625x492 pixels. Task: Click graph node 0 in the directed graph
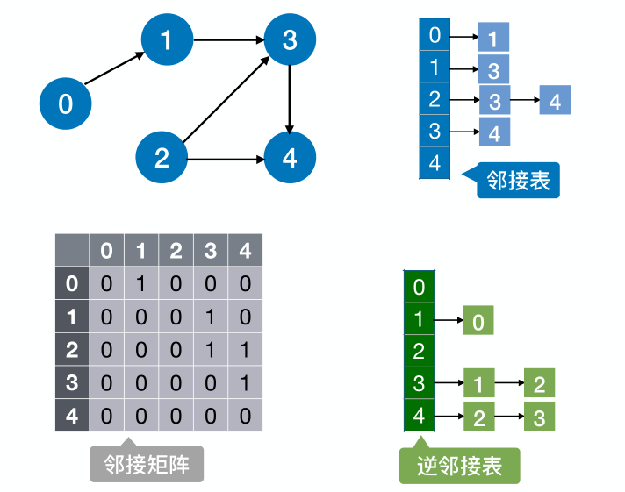click(66, 104)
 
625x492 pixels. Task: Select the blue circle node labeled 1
click(167, 39)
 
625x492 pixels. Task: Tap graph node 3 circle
click(290, 39)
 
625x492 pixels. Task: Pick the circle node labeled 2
click(162, 158)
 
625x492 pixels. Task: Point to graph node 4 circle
click(290, 158)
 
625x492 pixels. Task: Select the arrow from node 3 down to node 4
click(290, 98)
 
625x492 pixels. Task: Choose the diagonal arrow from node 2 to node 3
click(226, 98)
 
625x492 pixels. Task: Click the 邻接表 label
click(518, 182)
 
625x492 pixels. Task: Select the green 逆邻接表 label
click(459, 466)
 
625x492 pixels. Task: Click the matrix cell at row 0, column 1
click(140, 284)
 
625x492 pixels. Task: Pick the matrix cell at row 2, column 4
click(245, 350)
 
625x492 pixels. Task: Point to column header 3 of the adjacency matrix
click(211, 252)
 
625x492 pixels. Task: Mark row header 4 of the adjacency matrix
click(72, 415)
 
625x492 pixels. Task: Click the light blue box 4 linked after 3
click(555, 101)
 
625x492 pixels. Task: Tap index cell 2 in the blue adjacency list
click(435, 99)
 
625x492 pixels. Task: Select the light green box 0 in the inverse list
click(478, 322)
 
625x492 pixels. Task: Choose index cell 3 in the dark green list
click(419, 384)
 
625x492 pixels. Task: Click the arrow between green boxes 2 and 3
click(509, 417)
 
